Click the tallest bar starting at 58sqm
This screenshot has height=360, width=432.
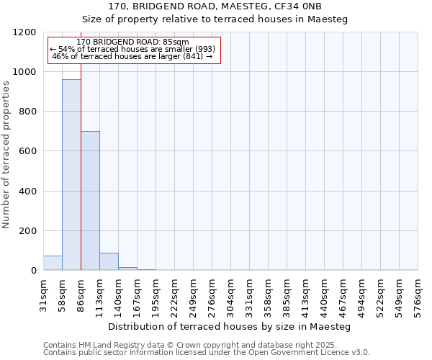click(x=71, y=175)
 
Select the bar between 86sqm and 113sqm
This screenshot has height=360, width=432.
click(x=90, y=201)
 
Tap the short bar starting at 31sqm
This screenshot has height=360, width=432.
click(x=53, y=263)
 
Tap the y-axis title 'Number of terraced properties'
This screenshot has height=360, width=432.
click(x=6, y=155)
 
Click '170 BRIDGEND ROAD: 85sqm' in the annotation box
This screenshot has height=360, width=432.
click(x=132, y=42)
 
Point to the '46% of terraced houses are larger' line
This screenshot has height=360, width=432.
click(x=132, y=56)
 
